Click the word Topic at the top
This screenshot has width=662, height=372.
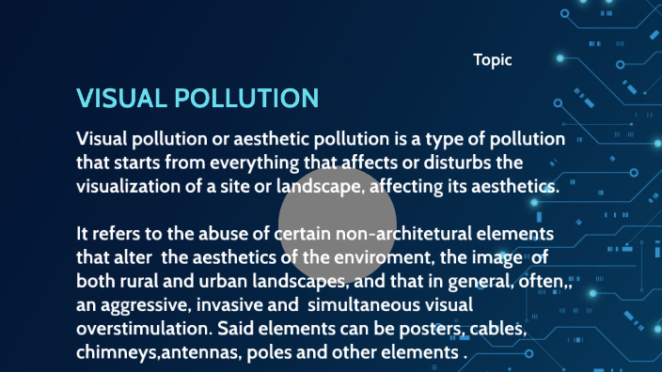493,60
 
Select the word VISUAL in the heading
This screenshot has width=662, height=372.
121,99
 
